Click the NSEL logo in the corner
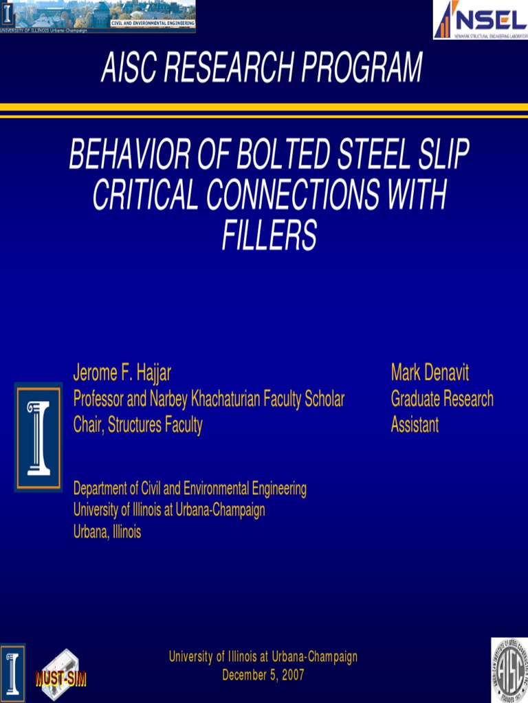point(480,19)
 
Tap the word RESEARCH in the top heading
point(228,69)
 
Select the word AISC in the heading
point(128,69)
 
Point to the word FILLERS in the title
point(269,235)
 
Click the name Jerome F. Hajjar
point(122,373)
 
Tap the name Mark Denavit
point(430,373)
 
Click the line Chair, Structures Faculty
point(137,425)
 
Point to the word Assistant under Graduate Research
point(415,425)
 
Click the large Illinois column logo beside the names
point(38,437)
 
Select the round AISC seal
point(509,670)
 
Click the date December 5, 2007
point(263,675)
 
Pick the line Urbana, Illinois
point(107,532)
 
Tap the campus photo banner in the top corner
point(98,16)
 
